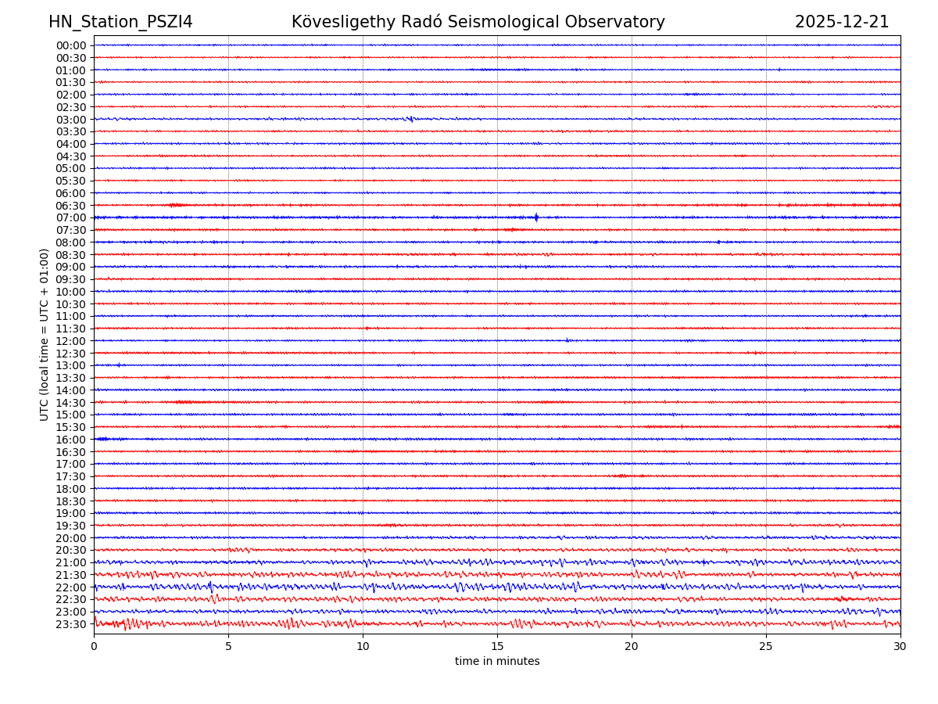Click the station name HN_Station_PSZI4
(120, 22)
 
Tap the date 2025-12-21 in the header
(842, 22)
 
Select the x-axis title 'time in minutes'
(497, 662)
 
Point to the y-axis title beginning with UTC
(45, 335)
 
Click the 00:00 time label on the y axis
(71, 45)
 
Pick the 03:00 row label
(71, 120)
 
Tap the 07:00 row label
(71, 218)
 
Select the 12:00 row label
(71, 341)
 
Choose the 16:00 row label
(71, 440)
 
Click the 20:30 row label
(71, 551)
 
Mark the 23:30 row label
(71, 624)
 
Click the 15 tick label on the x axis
(497, 647)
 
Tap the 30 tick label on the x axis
(900, 647)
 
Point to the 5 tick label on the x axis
(228, 647)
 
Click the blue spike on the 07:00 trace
(536, 217)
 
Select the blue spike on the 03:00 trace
(410, 120)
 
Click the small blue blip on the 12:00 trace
(567, 340)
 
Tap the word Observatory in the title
(618, 22)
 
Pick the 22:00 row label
(71, 587)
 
